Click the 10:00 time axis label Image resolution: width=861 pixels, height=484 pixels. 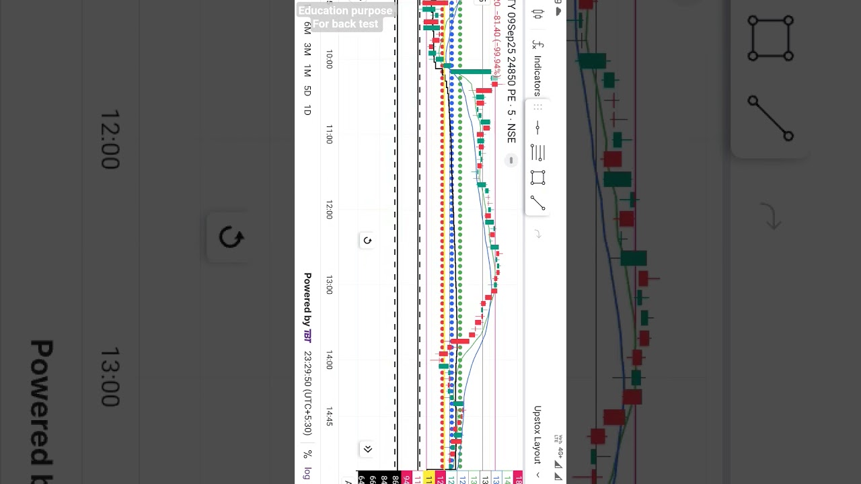point(329,60)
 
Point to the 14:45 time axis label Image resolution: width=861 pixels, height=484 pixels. point(329,416)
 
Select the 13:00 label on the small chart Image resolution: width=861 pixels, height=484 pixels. point(329,286)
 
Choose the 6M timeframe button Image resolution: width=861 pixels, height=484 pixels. point(307,28)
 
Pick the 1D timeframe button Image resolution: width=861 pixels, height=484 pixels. point(307,110)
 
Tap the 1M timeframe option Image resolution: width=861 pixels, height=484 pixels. point(307,71)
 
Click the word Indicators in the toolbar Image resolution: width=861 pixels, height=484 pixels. point(537,75)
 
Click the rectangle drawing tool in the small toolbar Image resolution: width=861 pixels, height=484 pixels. point(537,177)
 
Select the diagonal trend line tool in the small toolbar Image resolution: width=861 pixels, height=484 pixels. point(537,202)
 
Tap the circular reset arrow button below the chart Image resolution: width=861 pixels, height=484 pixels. point(367,241)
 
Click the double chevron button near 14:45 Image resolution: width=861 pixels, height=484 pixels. point(367,449)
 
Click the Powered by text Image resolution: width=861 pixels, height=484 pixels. point(307,300)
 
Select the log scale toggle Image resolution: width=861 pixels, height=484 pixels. point(307,473)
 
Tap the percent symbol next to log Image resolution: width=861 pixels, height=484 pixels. point(307,454)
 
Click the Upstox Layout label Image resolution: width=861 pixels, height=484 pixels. point(537,434)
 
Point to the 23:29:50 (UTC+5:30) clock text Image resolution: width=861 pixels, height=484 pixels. point(307,393)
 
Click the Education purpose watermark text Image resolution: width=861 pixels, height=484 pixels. point(345,11)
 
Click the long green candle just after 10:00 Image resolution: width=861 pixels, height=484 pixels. point(471,71)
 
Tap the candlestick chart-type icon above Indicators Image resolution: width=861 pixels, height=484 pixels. point(537,14)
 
